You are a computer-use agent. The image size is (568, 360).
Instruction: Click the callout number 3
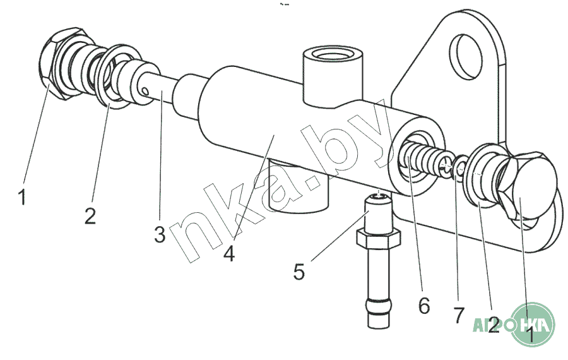click(160, 234)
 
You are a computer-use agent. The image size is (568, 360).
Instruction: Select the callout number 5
click(299, 272)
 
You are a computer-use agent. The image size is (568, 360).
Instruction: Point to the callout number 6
click(424, 306)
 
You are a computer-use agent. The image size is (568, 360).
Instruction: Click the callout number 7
click(459, 315)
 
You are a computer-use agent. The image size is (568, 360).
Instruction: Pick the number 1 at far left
click(22, 197)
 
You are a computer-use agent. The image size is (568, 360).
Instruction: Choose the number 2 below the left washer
click(90, 215)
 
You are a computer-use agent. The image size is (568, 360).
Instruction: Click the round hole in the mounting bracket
click(466, 56)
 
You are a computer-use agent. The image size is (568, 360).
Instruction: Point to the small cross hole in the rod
click(145, 90)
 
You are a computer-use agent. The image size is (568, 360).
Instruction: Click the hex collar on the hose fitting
click(379, 239)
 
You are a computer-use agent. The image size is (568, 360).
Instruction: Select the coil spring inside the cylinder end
click(424, 160)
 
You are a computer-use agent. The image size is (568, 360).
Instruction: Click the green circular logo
click(533, 325)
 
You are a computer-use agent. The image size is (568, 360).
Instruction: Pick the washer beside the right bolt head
click(482, 175)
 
